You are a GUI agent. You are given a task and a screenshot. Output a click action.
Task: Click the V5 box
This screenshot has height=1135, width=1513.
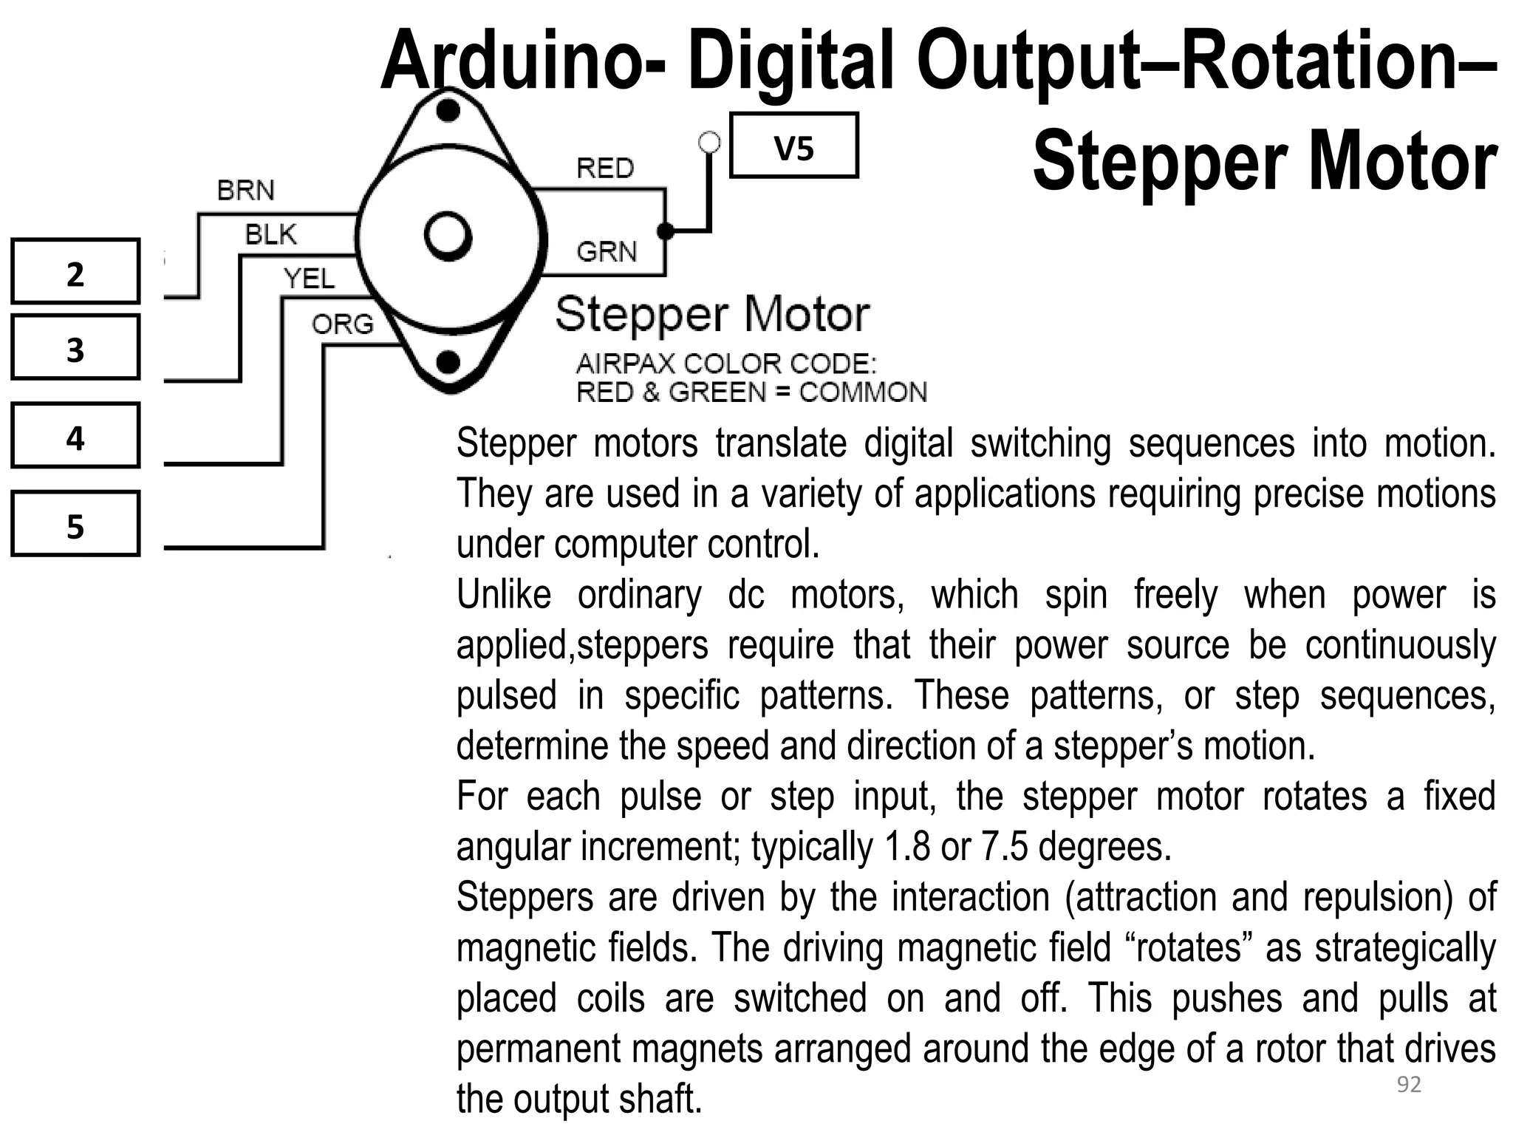pos(793,146)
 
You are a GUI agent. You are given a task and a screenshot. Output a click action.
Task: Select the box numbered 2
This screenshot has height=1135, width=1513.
pos(75,271)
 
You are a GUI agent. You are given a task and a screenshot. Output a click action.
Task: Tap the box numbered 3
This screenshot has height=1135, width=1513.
pos(75,347)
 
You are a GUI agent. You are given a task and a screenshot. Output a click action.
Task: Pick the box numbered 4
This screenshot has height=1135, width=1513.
pos(75,436)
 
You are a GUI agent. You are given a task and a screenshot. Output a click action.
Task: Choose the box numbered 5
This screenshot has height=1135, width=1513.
pos(75,524)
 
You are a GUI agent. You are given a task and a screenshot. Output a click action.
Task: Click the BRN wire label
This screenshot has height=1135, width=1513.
pos(245,191)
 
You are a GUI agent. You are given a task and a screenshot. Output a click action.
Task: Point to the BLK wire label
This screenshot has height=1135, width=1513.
pos(270,235)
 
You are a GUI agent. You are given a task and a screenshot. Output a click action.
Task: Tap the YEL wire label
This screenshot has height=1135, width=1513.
pos(309,279)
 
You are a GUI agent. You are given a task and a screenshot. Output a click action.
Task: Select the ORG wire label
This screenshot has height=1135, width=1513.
pos(343,324)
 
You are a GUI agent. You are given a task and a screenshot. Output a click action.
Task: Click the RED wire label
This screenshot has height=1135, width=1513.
pos(605,168)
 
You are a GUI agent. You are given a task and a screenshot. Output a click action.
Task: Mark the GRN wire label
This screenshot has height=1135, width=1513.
pos(607,252)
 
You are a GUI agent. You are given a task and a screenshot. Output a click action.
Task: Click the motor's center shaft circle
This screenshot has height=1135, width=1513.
pos(448,236)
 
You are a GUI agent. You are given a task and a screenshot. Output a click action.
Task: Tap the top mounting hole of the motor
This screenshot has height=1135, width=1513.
pos(448,111)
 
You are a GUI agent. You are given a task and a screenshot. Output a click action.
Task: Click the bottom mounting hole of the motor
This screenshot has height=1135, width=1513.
pos(448,362)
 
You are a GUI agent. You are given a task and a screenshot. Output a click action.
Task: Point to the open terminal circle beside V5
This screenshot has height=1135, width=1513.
pos(709,142)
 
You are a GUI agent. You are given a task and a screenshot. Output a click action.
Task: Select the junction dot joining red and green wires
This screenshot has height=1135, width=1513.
pos(665,231)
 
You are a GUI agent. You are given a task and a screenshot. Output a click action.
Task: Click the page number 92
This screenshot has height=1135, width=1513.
pos(1409,1084)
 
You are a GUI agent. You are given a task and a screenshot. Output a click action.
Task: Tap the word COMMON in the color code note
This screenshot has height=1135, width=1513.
pos(862,392)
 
